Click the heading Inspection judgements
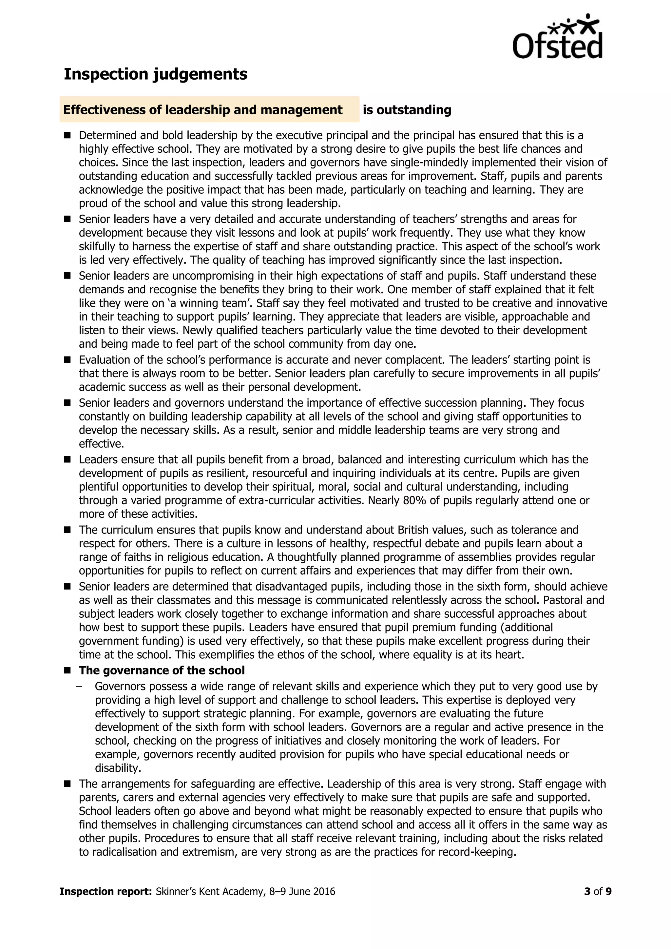pos(155,74)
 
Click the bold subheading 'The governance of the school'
pos(162,670)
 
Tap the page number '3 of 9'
pos(598,891)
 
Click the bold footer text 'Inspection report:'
pos(106,891)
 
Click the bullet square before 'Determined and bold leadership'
pos(67,135)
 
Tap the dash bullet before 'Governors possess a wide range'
pos(79,686)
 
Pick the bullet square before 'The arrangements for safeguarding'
pos(67,784)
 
